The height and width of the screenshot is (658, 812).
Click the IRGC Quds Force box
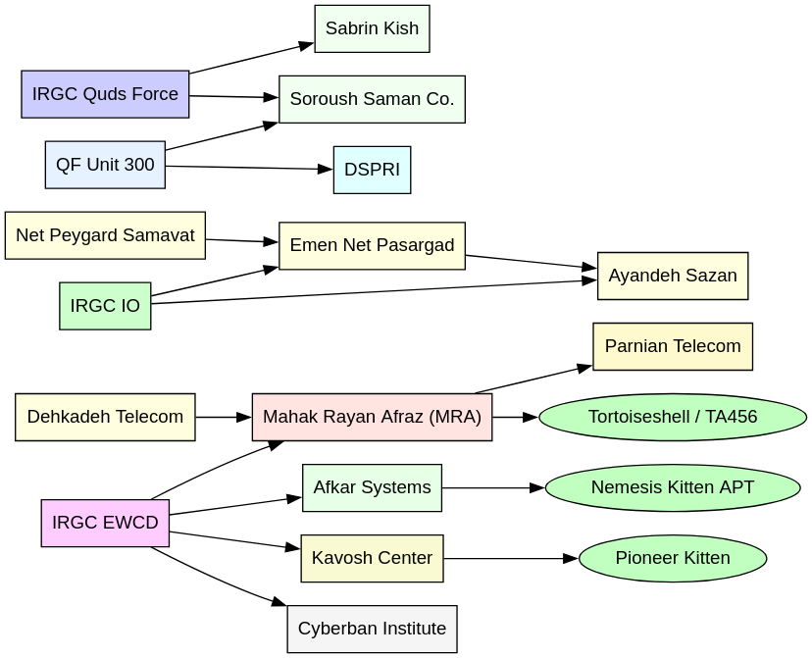coord(105,94)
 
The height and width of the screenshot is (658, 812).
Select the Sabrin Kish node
coord(372,28)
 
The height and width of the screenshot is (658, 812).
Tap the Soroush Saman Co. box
coord(372,99)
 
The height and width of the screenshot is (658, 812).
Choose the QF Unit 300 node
coord(105,165)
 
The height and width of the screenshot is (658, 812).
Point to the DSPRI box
coord(372,170)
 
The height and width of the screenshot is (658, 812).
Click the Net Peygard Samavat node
coord(105,235)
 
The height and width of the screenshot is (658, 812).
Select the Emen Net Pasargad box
coord(372,245)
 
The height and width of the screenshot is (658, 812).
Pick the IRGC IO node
coord(105,306)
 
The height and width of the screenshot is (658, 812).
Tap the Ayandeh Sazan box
coord(673,276)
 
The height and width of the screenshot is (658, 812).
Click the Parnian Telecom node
coord(673,346)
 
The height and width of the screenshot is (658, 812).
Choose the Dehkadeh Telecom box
coord(105,417)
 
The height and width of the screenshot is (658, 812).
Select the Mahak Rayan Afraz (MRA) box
coord(372,417)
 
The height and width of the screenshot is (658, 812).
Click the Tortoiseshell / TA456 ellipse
coord(673,417)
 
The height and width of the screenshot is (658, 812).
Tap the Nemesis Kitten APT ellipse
coord(673,487)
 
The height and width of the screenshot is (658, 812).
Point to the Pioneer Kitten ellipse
coord(673,558)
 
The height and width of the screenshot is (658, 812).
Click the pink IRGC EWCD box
coord(105,523)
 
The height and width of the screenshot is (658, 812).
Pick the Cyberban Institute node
coord(372,629)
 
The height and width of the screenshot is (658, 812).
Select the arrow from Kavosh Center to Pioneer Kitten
coord(510,558)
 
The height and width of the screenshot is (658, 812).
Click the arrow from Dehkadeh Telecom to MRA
coord(224,417)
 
